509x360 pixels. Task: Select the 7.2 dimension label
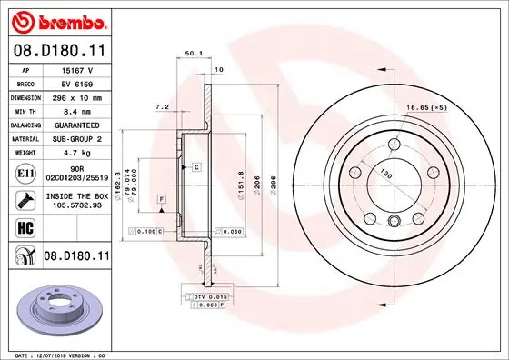tap(163, 107)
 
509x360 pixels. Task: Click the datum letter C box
tap(195, 168)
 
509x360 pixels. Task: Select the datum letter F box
tap(161, 198)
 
